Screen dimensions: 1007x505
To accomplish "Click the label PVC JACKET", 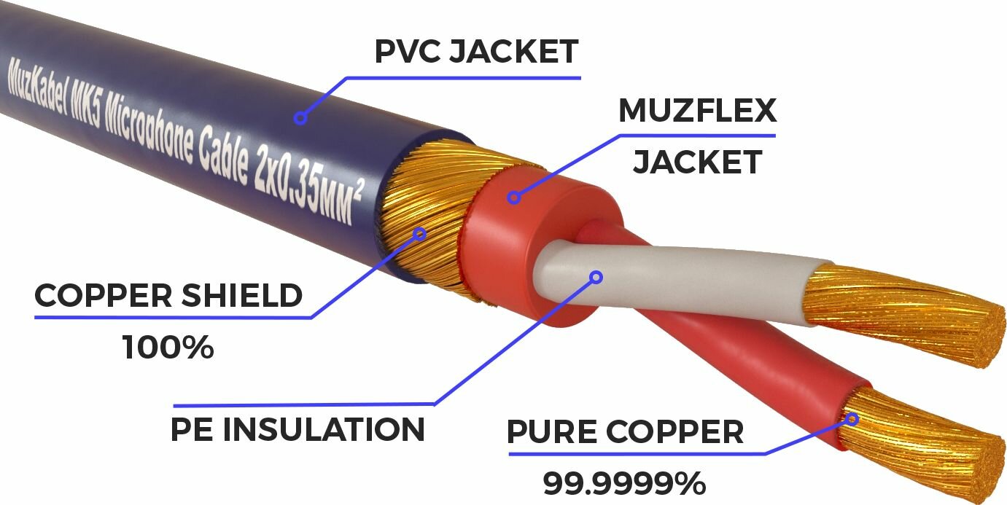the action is point(476,52).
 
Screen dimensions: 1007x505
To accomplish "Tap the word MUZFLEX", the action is point(697,111).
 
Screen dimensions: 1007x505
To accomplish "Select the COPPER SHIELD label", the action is point(168,296).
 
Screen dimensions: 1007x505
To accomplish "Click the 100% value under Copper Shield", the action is point(168,348).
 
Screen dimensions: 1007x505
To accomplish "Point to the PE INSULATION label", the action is point(298,429).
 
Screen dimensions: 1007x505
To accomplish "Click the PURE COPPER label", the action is point(625,431).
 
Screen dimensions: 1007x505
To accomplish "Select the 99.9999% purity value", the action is point(624,482).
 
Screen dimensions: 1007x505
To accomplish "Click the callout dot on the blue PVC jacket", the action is point(300,117).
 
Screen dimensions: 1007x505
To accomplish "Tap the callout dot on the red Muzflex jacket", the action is point(515,196).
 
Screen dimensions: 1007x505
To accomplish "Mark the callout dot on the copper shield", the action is point(419,234).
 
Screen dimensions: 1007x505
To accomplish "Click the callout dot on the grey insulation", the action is point(596,276).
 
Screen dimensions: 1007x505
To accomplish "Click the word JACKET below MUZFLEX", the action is point(697,162).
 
